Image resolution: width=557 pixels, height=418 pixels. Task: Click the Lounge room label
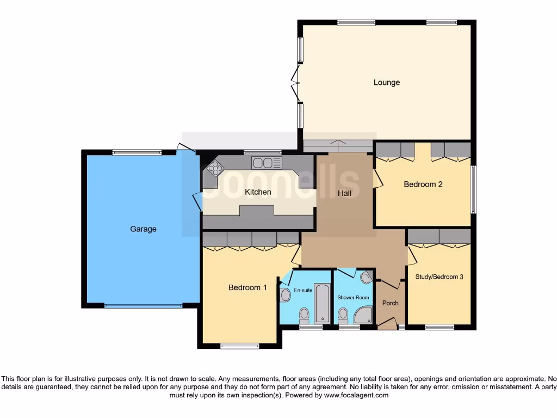[386, 83]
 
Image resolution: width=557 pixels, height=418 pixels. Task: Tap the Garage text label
[143, 229]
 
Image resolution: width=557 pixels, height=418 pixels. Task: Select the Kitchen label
[258, 192]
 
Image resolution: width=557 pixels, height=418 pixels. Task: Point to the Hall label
[344, 193]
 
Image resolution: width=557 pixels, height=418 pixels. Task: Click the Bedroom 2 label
[423, 185]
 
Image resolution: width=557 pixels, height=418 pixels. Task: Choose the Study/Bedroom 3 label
[439, 276]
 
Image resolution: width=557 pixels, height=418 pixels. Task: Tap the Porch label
[390, 303]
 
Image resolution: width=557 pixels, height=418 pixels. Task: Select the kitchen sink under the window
[266, 162]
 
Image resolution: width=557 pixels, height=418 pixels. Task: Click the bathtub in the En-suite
[322, 303]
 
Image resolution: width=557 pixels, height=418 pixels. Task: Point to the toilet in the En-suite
[304, 315]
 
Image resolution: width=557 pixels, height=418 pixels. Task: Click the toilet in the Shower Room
[343, 315]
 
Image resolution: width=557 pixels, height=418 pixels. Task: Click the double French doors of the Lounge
[296, 83]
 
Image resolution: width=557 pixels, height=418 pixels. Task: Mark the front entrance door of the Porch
[387, 324]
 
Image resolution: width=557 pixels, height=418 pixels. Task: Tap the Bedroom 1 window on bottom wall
[239, 346]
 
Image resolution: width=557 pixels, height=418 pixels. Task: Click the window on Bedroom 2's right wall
[472, 189]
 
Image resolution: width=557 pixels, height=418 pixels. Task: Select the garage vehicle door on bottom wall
[143, 306]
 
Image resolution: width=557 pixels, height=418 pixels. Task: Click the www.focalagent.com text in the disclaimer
[356, 395]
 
